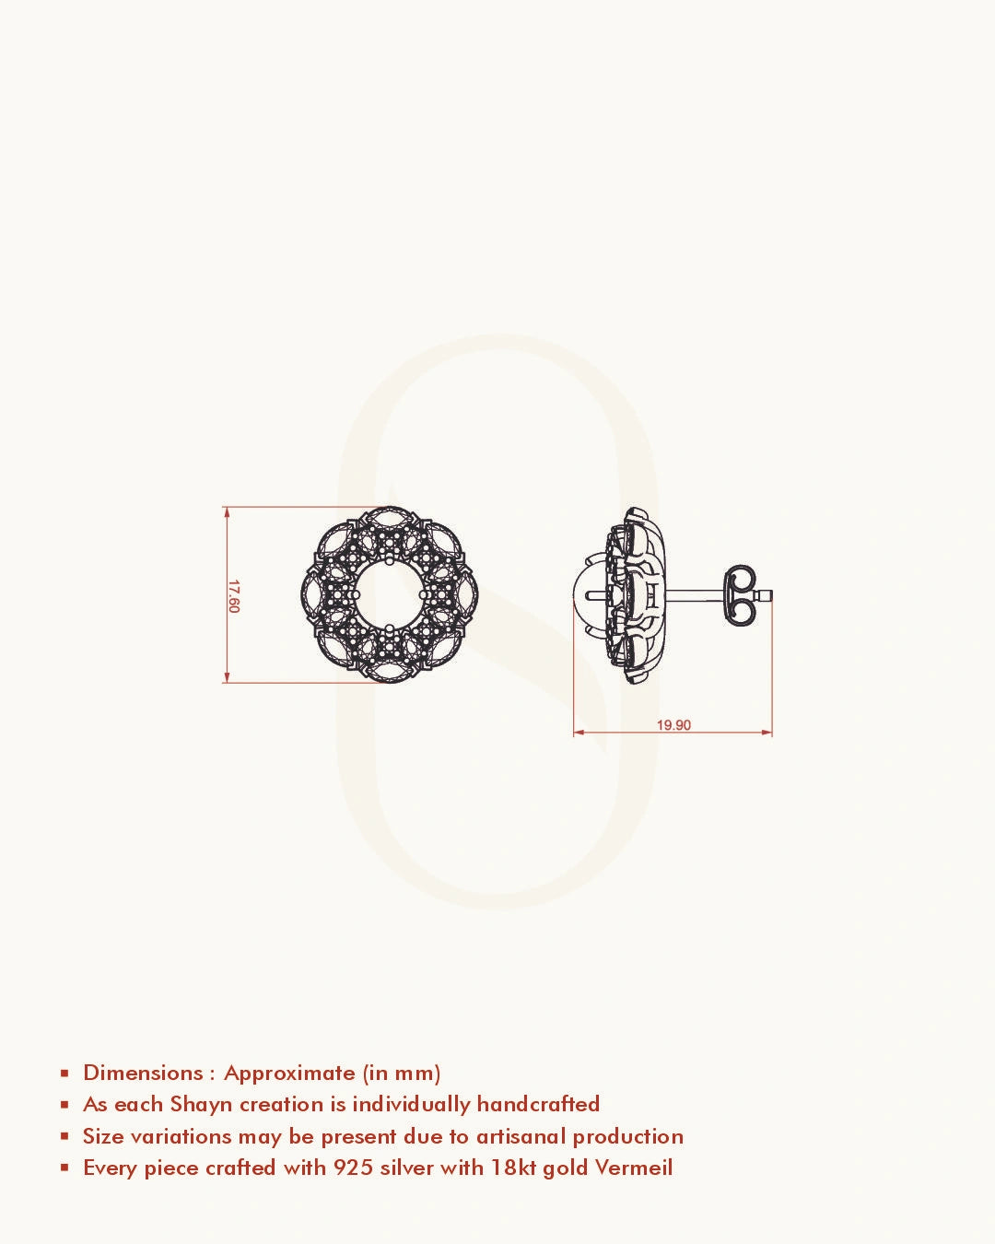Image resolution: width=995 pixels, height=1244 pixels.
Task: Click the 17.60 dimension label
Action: pos(234,596)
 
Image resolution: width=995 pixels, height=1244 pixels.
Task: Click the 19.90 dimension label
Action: pos(673,725)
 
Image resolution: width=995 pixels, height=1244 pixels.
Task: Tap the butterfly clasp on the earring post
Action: pos(740,595)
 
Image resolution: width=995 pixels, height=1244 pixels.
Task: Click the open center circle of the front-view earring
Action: pos(390,595)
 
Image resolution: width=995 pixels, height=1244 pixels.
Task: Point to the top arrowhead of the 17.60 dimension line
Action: pos(227,511)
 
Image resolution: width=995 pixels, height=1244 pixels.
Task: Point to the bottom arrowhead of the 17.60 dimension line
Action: pos(227,678)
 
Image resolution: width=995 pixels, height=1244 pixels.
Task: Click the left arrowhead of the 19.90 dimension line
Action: pos(579,733)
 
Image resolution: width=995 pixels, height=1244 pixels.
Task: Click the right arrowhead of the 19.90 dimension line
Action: pos(767,733)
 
